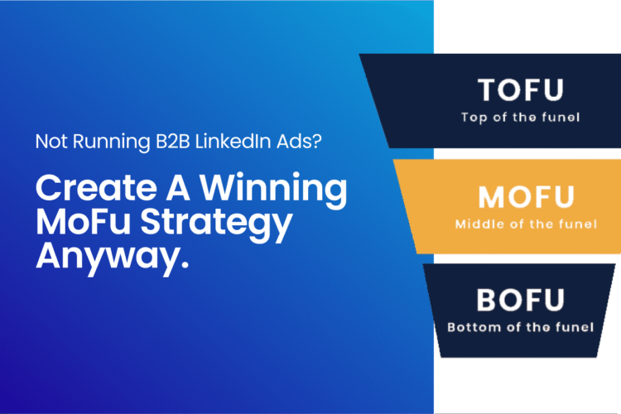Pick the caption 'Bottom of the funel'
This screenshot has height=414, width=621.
(521, 326)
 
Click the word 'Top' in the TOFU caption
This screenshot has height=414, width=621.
(474, 117)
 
